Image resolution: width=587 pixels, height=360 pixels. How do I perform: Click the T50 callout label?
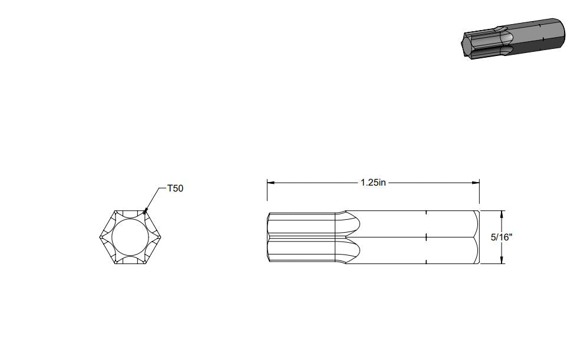[175, 188]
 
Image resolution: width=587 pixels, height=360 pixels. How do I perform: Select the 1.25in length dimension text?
[373, 183]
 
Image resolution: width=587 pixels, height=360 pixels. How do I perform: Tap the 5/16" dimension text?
[502, 237]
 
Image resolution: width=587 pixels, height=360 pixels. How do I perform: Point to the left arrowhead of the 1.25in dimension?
[271, 183]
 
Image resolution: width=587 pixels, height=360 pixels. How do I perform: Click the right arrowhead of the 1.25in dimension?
[476, 183]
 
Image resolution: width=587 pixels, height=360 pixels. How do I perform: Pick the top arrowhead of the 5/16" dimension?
[502, 214]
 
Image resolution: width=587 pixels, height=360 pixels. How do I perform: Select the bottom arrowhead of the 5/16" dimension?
[502, 260]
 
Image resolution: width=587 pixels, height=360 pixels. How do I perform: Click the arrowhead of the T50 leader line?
[145, 212]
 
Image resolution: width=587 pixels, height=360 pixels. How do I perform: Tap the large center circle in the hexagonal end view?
[130, 237]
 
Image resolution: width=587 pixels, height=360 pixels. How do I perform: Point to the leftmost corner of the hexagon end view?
[100, 237]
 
